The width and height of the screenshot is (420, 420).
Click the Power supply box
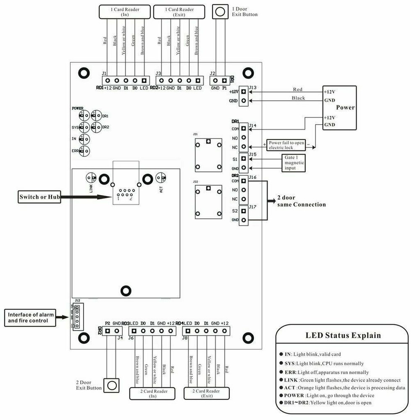(x=339, y=108)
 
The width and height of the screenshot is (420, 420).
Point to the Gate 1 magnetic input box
(x=294, y=163)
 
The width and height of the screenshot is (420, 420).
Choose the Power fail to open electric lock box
(x=287, y=145)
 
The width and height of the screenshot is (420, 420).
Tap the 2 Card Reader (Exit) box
(x=207, y=394)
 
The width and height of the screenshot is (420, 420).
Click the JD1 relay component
(x=208, y=154)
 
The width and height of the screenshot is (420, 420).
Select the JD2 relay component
(x=208, y=202)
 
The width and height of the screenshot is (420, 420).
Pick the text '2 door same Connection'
(x=301, y=201)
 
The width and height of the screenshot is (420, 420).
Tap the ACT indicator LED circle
(x=160, y=178)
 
